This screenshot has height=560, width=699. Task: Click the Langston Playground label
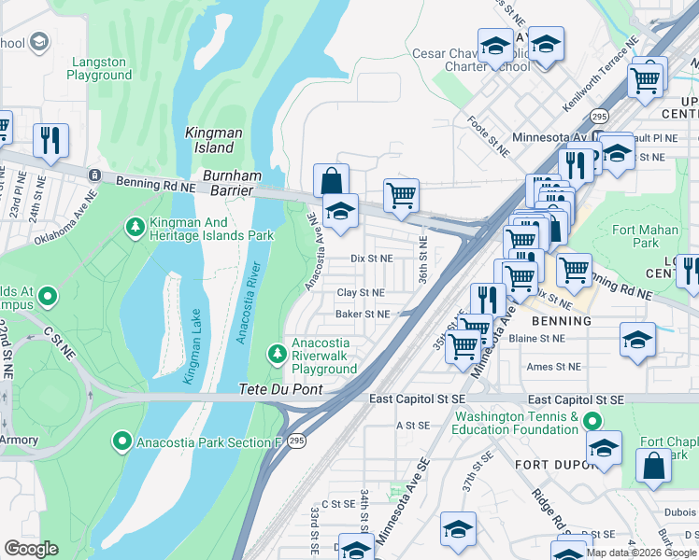[x=98, y=68]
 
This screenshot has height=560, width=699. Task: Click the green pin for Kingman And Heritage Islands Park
[x=136, y=226]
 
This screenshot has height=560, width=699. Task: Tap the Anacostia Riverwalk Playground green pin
[x=277, y=354]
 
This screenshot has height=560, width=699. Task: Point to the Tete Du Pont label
[x=280, y=389]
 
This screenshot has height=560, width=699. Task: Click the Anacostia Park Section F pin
[x=121, y=441]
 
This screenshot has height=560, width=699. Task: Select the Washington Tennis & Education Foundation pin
[x=591, y=422]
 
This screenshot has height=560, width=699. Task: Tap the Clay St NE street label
[x=362, y=293]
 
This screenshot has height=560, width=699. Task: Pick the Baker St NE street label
[x=363, y=315]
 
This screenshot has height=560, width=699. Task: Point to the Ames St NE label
[x=553, y=368]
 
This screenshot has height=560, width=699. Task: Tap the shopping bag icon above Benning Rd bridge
[x=331, y=180]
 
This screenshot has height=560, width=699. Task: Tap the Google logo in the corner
[x=31, y=549]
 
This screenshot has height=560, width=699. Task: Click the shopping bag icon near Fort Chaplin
[x=652, y=465]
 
